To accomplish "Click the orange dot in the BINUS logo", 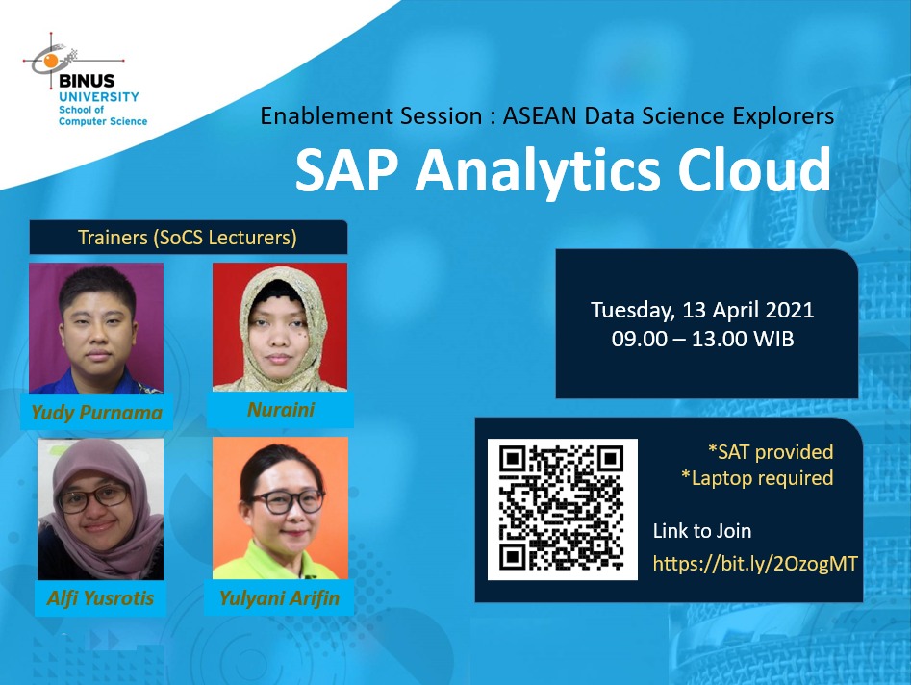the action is pyautogui.click(x=51, y=61).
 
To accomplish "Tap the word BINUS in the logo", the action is pyautogui.click(x=87, y=81).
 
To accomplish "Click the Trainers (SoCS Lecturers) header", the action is pyautogui.click(x=188, y=237).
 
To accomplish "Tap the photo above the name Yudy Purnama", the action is pyautogui.click(x=96, y=328).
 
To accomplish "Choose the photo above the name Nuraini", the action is pyautogui.click(x=280, y=327).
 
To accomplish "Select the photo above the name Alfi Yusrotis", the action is pyautogui.click(x=100, y=509).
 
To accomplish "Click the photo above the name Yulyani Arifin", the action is pyautogui.click(x=280, y=508).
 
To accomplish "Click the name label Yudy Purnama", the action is pyautogui.click(x=96, y=412).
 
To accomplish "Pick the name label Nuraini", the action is pyautogui.click(x=281, y=410).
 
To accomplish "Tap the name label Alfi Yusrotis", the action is pyautogui.click(x=100, y=597).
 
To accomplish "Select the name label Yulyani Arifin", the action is pyautogui.click(x=280, y=597).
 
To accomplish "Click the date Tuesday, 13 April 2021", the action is pyautogui.click(x=702, y=310).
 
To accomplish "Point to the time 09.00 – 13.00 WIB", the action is pyautogui.click(x=702, y=339).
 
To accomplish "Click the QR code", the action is pyautogui.click(x=563, y=509).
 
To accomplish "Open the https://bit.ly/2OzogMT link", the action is pyautogui.click(x=755, y=563).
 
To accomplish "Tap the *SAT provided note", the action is pyautogui.click(x=771, y=451).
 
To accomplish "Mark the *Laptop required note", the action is pyautogui.click(x=757, y=478).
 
